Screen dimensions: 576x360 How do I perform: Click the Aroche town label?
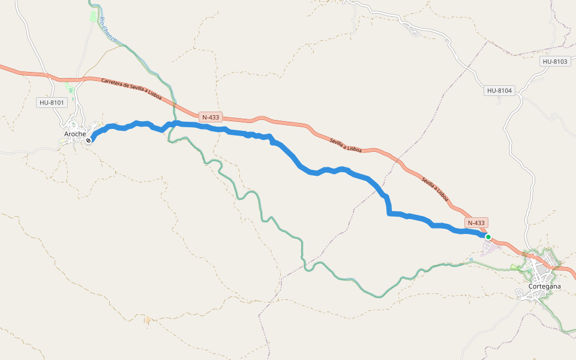[75, 133]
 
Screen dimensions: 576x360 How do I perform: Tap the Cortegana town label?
[545, 286]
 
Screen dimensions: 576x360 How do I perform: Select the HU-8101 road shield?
[52, 103]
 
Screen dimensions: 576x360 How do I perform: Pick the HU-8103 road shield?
[554, 62]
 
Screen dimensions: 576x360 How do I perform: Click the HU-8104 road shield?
[499, 91]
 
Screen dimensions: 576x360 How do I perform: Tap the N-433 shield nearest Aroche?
[211, 118]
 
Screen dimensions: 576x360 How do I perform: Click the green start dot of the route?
[488, 237]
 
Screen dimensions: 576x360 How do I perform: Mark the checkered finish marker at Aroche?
[89, 140]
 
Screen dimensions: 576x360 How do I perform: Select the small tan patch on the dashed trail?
[148, 320]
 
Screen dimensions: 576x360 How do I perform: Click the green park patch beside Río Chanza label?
[93, 15]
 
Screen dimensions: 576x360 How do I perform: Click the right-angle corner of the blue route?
[389, 212]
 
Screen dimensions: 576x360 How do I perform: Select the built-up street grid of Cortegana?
[543, 274]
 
